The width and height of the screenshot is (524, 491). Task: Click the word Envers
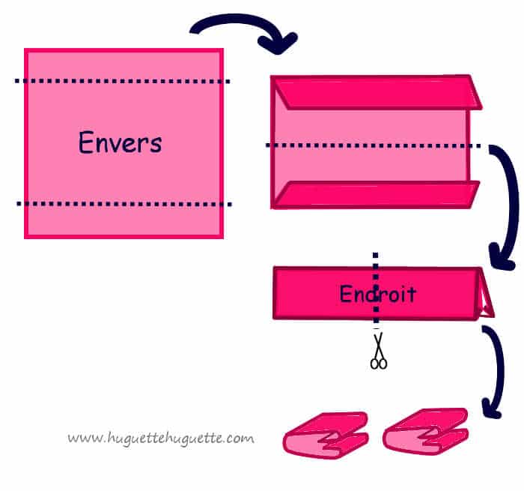pos(120,142)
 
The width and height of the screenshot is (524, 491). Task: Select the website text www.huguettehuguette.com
pos(160,437)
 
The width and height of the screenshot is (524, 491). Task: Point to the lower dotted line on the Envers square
pos(124,203)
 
